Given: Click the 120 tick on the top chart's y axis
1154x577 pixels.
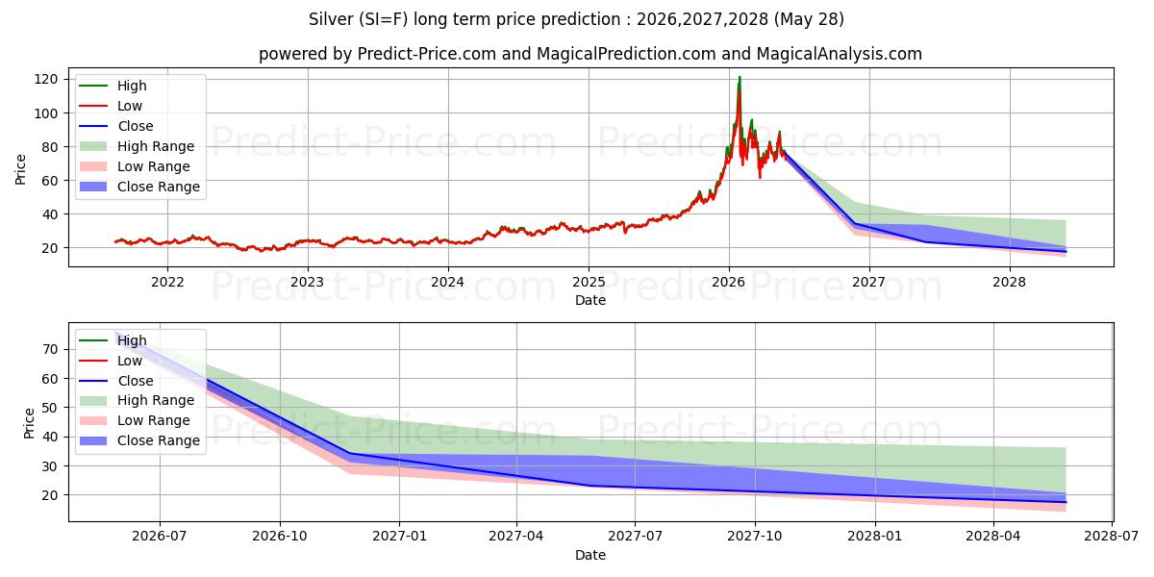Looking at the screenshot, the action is tap(45, 79).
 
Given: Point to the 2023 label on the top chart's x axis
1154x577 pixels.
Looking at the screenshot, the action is tap(308, 283).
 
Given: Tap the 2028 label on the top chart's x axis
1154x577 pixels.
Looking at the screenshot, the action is tap(1009, 283).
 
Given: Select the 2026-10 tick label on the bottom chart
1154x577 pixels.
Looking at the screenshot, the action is tap(280, 537).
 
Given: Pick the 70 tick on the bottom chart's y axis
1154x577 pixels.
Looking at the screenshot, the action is tap(50, 349).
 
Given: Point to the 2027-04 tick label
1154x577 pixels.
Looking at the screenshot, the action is tap(516, 537).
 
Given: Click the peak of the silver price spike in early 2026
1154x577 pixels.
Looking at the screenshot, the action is tap(740, 77).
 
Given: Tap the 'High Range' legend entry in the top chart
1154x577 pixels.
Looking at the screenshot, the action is tap(137, 146).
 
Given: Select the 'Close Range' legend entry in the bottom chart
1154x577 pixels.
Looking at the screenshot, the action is tap(139, 440).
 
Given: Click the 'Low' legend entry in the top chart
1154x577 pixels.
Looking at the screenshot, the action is tap(111, 106).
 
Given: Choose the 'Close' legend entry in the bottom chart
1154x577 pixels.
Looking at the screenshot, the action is tap(116, 381).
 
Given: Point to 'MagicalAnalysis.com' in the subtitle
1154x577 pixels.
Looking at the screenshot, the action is tap(839, 54).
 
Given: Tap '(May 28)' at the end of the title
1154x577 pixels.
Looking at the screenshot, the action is tap(809, 19).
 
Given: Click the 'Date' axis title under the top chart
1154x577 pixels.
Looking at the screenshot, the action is tap(590, 300).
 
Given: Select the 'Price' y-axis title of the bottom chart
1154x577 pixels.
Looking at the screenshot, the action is tap(29, 423).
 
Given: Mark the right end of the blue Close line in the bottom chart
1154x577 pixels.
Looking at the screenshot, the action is tap(1066, 502).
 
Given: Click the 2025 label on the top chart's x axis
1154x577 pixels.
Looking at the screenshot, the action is tap(589, 283).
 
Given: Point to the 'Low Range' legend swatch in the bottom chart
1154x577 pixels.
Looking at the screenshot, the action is tap(93, 420).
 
